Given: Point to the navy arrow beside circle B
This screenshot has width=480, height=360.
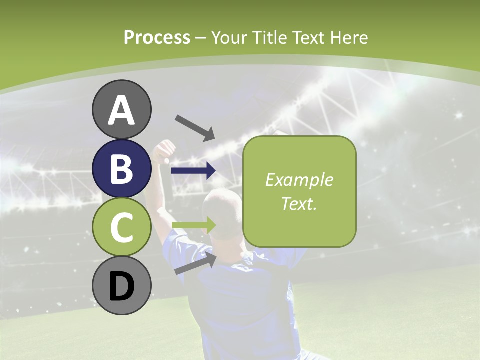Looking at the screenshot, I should [193, 171].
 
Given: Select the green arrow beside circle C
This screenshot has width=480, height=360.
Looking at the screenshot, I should [193, 225].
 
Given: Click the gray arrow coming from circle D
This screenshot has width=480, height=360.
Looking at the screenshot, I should [195, 263].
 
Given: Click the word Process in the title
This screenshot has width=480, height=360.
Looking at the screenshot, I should [157, 37].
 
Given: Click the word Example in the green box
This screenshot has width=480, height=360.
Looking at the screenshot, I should [299, 180].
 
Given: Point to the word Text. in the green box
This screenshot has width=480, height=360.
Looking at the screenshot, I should [299, 204].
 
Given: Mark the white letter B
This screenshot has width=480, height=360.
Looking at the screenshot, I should [122, 169].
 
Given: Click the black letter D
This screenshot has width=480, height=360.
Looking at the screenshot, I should [122, 287].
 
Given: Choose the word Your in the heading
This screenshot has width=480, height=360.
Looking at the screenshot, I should [230, 37].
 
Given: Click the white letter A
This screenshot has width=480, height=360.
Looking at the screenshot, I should [122, 110].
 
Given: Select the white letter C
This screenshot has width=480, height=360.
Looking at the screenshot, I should [122, 228].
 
